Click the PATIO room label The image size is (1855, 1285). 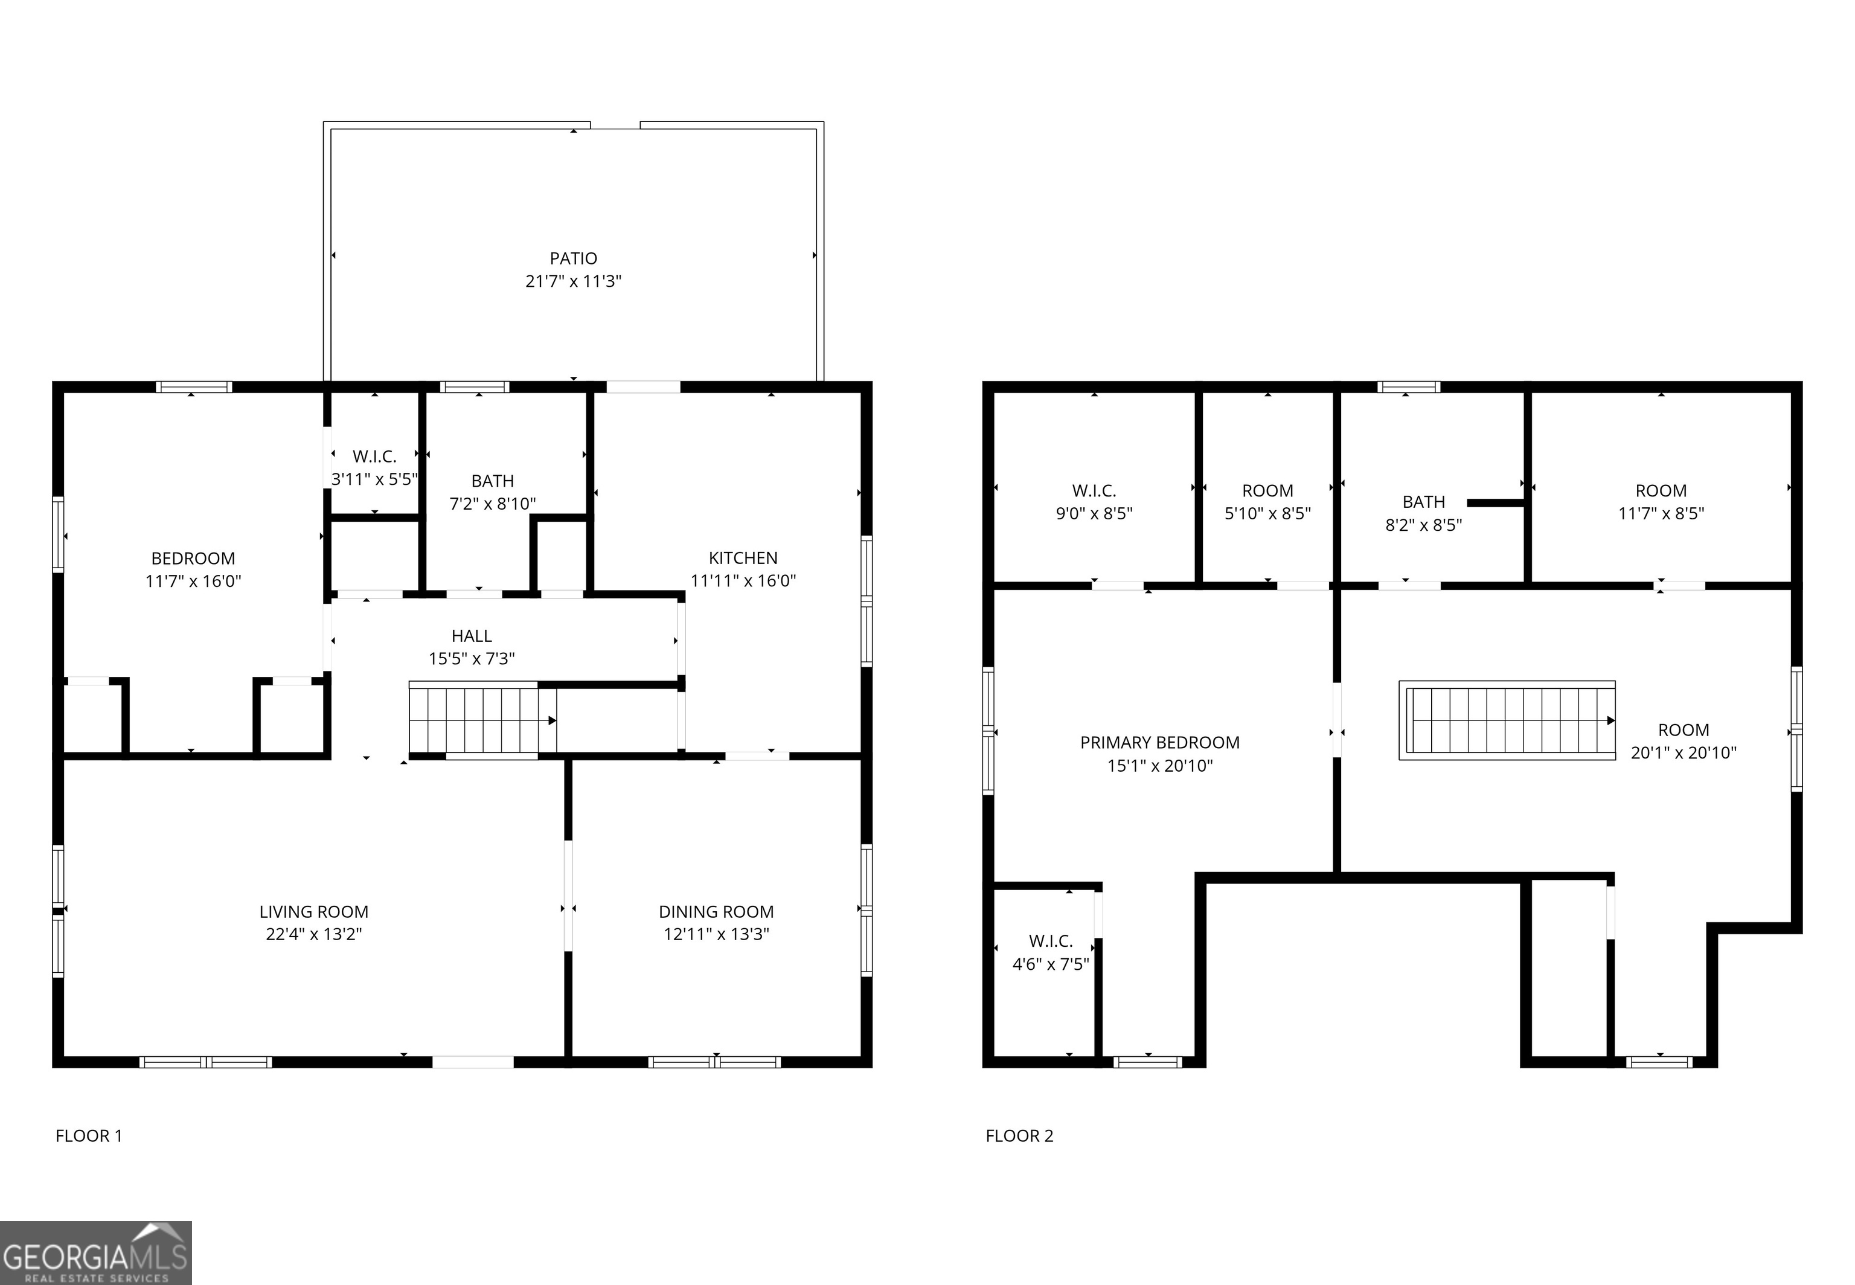[x=573, y=258]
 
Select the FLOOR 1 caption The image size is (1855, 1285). [x=89, y=1135]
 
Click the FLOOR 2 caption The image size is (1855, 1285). [x=1019, y=1135]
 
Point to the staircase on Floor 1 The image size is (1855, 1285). [x=481, y=720]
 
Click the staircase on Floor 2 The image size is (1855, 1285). [x=1507, y=720]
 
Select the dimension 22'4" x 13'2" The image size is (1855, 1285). [x=314, y=934]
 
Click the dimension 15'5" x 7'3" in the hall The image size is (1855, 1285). [x=471, y=659]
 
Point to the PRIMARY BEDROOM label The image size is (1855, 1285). [x=1159, y=742]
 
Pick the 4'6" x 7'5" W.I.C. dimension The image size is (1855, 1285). [x=1051, y=964]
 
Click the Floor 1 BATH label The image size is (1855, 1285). [x=492, y=481]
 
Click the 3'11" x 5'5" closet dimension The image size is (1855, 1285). [x=374, y=479]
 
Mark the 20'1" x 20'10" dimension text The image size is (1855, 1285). [x=1684, y=753]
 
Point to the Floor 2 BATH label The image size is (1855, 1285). [x=1423, y=502]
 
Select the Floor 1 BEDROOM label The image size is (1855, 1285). [x=193, y=558]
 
